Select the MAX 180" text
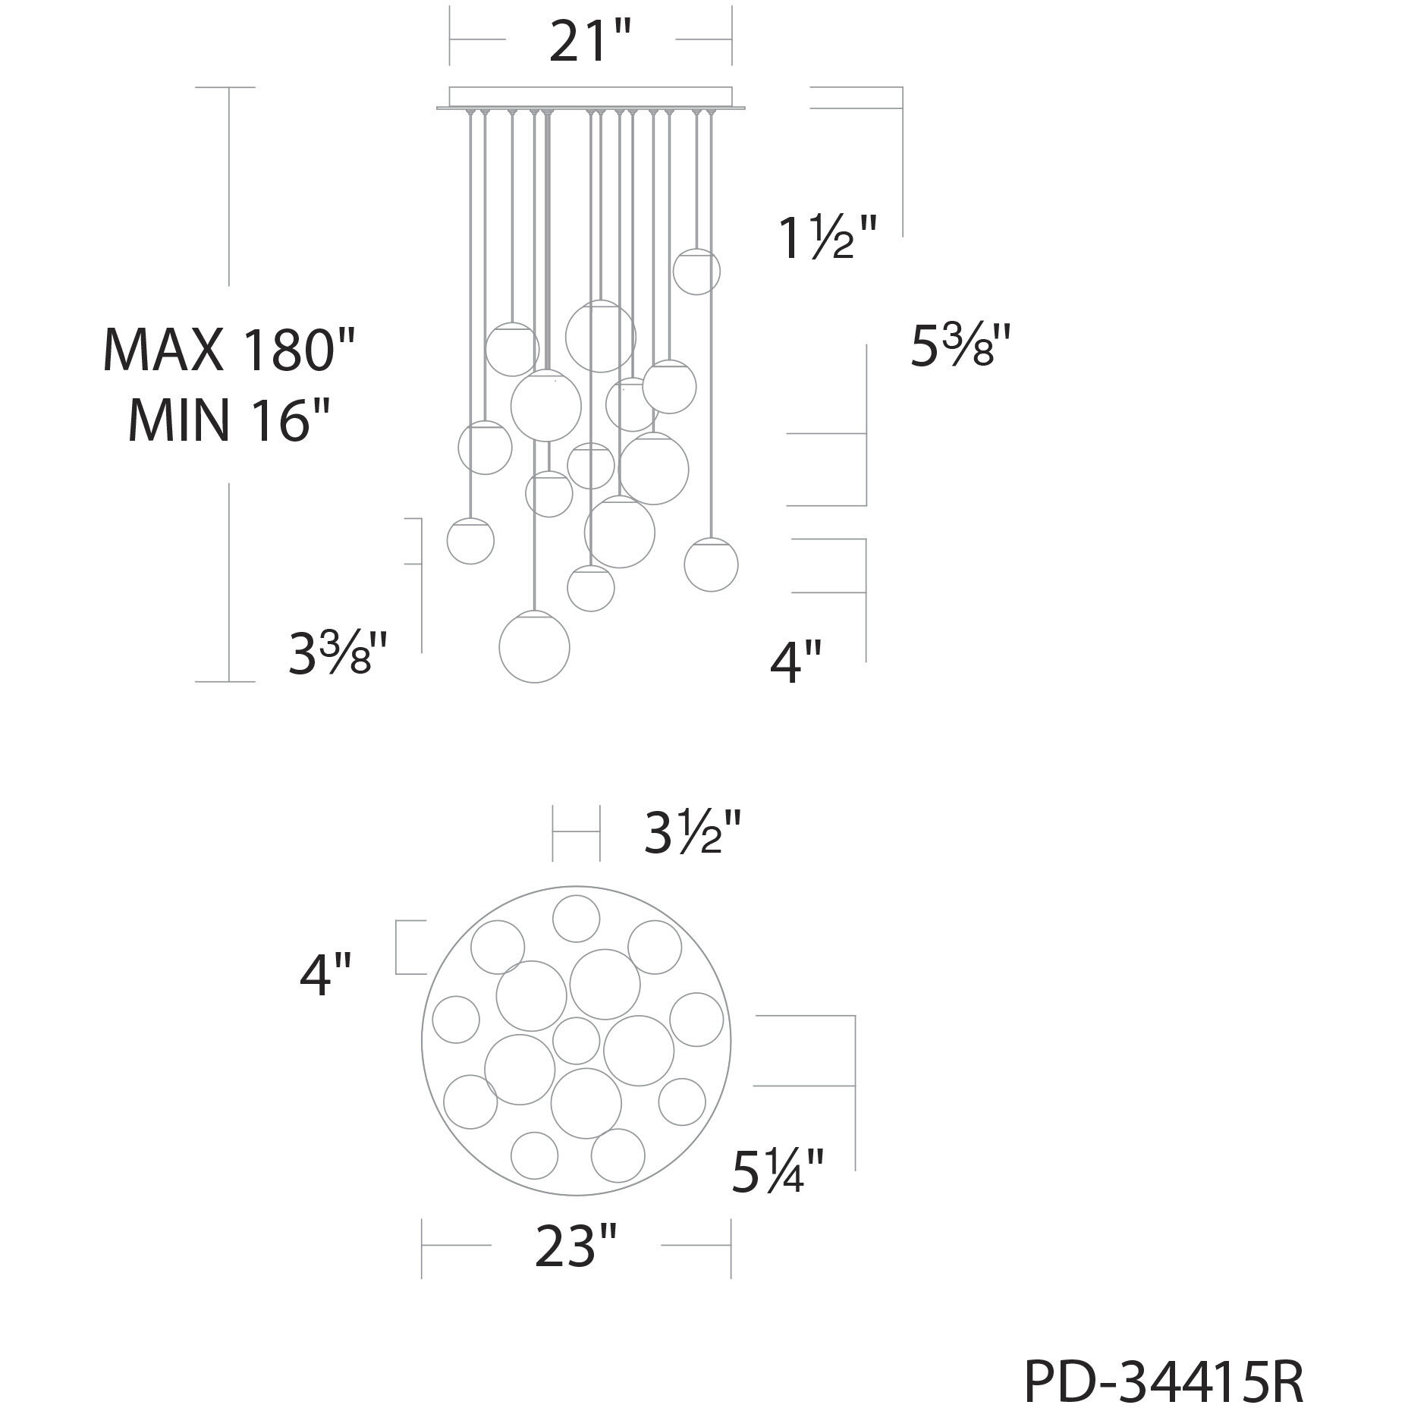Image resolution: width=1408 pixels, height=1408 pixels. tap(228, 350)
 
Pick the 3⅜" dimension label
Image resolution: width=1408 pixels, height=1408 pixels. tap(338, 654)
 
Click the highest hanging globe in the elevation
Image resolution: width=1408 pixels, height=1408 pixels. tap(696, 271)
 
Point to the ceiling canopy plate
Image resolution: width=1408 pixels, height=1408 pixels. tap(590, 99)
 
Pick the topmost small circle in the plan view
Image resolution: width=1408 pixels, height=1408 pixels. tap(576, 918)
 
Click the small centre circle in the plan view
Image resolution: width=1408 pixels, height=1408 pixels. tap(576, 1040)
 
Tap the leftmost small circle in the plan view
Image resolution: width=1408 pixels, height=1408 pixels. tap(455, 1020)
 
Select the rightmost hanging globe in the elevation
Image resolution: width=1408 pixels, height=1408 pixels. tap(711, 564)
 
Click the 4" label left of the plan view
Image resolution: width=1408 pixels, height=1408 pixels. tap(325, 976)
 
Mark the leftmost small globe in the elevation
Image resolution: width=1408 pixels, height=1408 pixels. tap(470, 541)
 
